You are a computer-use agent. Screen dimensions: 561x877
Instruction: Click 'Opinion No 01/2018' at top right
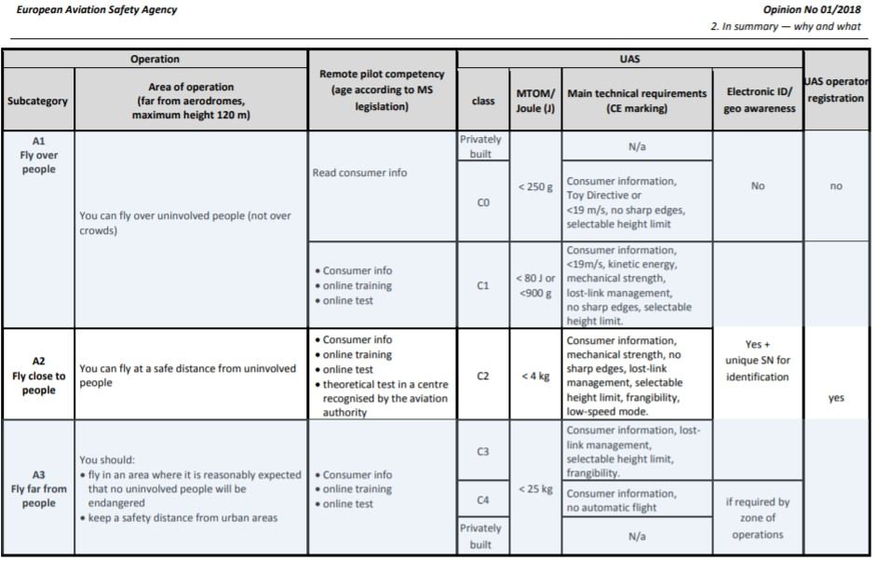coord(812,10)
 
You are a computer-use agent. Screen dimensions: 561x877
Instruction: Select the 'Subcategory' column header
coord(38,101)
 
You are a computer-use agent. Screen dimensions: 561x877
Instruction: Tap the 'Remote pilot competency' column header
coord(382,90)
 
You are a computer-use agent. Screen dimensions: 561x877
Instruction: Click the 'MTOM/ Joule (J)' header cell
coord(535,101)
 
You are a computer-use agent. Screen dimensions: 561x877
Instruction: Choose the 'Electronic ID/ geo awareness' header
coord(758,101)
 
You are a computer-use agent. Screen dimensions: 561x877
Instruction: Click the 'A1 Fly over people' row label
coord(38,155)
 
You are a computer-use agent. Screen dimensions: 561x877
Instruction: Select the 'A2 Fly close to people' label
coord(38,376)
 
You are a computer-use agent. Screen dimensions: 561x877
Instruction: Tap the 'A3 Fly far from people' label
coord(38,488)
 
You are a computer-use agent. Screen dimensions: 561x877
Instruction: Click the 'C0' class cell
coord(482,202)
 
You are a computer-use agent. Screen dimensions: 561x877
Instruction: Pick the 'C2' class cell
coord(482,376)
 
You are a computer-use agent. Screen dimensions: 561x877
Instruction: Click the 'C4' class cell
coord(482,500)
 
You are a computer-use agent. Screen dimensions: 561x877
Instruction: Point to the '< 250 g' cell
coord(535,187)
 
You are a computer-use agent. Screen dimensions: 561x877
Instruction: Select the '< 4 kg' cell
coord(535,376)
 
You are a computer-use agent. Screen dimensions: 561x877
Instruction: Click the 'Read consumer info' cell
coord(360,173)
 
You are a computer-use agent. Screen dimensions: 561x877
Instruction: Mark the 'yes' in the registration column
coord(836,398)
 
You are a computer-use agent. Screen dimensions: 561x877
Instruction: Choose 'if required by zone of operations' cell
coord(758,518)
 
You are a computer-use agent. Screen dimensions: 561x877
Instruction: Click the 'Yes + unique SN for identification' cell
coord(758,361)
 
